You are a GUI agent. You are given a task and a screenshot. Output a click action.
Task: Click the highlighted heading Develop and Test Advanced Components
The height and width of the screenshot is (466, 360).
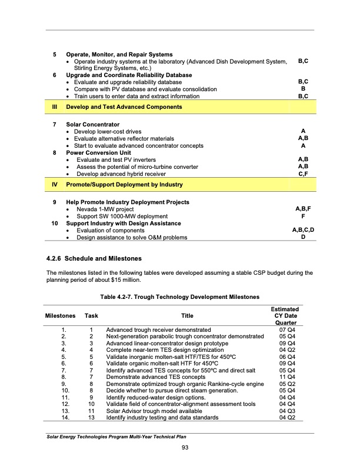point(124,107)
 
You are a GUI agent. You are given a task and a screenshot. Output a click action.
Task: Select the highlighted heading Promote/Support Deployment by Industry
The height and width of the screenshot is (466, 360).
point(124,185)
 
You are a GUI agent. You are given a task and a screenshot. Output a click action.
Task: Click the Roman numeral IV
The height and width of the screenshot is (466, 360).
point(55,185)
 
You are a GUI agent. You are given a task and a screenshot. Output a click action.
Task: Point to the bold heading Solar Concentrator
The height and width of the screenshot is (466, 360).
point(92,125)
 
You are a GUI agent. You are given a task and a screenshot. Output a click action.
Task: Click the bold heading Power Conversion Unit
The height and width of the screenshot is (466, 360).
point(98,153)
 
